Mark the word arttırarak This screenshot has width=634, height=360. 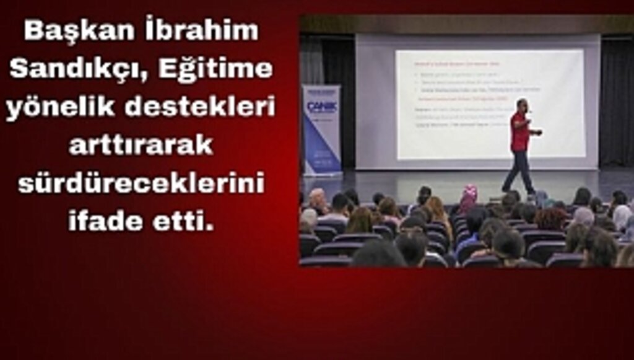[x=141, y=145]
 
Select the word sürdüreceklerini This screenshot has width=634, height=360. [x=141, y=183]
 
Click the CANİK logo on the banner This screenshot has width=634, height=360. [x=321, y=106]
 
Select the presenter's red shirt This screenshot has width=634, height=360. [x=519, y=131]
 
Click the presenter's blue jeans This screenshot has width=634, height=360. [x=519, y=170]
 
